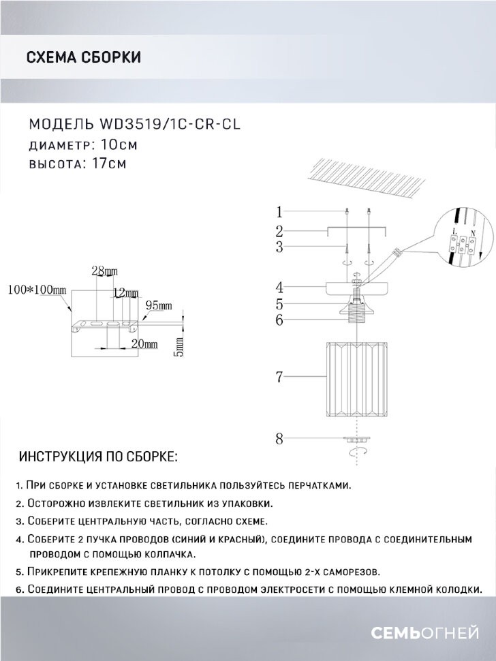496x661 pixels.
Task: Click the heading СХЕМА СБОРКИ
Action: [x=83, y=57]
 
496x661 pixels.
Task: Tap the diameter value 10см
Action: [x=119, y=144]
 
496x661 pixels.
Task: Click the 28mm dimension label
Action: [x=104, y=271]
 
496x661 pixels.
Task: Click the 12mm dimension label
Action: [x=125, y=293]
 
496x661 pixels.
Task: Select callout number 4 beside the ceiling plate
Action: [x=279, y=287]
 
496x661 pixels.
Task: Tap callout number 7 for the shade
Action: [x=279, y=376]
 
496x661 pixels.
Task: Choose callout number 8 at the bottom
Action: [x=279, y=440]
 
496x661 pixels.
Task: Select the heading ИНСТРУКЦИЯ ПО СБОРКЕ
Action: [x=99, y=456]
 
